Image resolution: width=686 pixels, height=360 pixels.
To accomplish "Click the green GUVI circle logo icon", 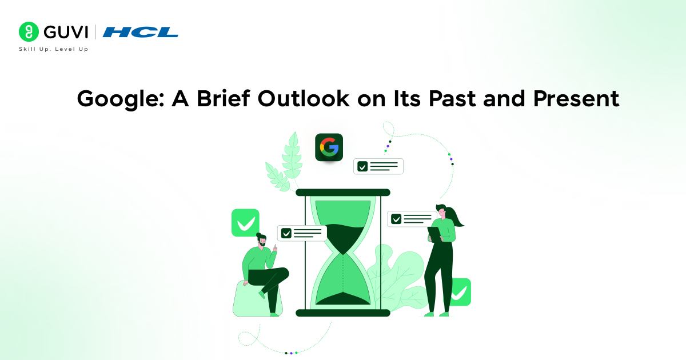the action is pyautogui.click(x=29, y=31).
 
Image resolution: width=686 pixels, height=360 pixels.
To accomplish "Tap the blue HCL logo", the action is pyautogui.click(x=141, y=32).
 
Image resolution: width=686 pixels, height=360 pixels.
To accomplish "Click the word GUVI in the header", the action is pyautogui.click(x=66, y=32).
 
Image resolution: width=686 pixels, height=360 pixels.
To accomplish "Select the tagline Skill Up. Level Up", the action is pyautogui.click(x=54, y=49).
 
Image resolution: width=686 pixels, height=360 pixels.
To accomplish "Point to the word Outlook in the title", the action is pyautogui.click(x=304, y=98).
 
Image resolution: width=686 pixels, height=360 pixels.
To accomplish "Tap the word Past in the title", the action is pyautogui.click(x=452, y=98).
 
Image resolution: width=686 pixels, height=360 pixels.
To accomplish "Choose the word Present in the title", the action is pyautogui.click(x=576, y=98).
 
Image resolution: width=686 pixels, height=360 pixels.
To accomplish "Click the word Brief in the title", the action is pyautogui.click(x=224, y=98).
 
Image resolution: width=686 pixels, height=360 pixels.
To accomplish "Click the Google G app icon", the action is pyautogui.click(x=329, y=147).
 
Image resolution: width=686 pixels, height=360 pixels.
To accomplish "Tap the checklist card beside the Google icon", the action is pyautogui.click(x=378, y=166).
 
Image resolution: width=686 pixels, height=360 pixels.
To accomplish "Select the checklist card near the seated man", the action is pyautogui.click(x=302, y=233).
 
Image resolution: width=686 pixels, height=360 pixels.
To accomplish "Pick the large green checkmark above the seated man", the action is pyautogui.click(x=245, y=223).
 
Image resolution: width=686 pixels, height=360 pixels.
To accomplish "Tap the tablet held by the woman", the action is pyautogui.click(x=434, y=234).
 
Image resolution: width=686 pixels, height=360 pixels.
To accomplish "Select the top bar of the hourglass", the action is pyautogui.click(x=343, y=193).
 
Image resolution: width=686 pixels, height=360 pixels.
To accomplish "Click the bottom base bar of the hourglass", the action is pyautogui.click(x=343, y=313).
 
